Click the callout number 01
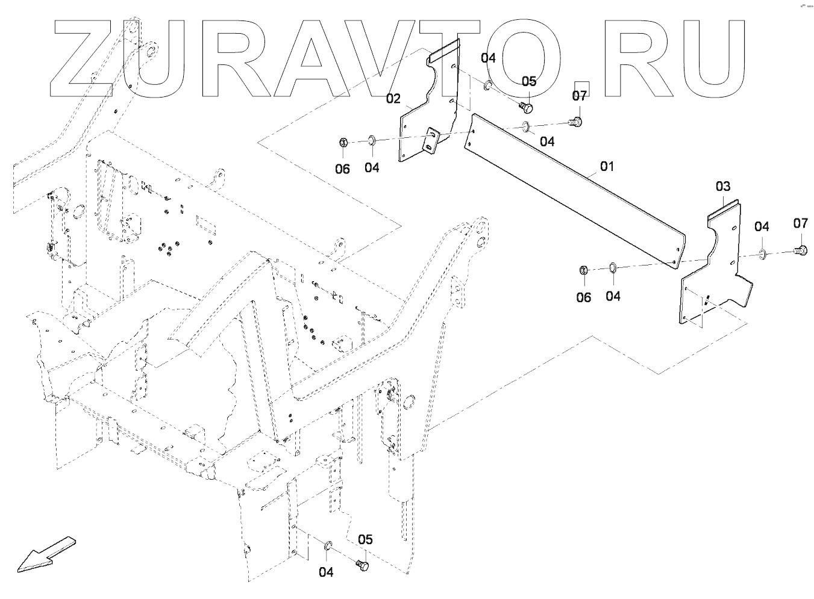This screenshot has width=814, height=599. click(606, 166)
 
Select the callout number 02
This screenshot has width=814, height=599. click(393, 98)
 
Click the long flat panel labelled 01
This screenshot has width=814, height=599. click(572, 193)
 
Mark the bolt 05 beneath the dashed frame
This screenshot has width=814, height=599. click(362, 565)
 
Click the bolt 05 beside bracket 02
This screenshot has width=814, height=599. click(526, 107)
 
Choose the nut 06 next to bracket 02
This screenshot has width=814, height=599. click(342, 143)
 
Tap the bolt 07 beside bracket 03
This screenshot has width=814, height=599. click(801, 249)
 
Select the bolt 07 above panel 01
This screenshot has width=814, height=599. click(577, 121)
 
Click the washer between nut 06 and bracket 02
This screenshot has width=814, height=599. click(371, 141)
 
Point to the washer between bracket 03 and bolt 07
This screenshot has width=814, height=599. click(762, 253)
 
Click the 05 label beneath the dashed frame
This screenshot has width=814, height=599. click(365, 539)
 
